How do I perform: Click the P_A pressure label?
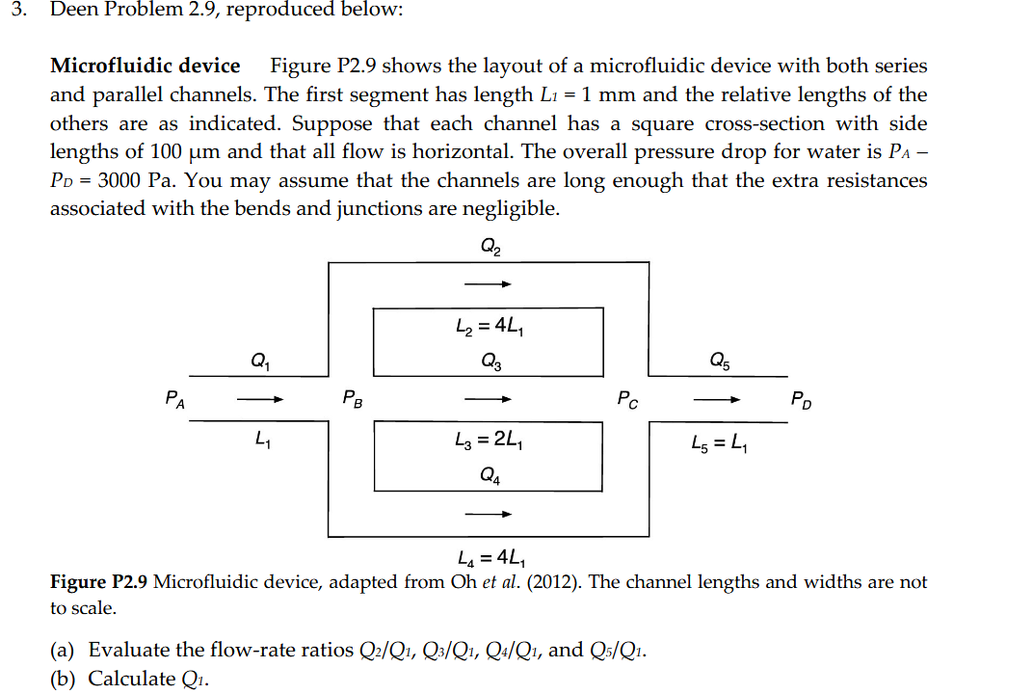coord(175,398)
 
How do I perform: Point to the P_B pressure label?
coord(353,398)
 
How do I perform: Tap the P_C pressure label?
coord(626,398)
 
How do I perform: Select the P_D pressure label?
coord(802,398)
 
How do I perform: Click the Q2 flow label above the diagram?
coord(490,247)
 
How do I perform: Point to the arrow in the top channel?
coord(487,284)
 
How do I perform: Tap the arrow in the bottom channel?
coord(487,514)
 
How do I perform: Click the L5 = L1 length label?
coord(718,444)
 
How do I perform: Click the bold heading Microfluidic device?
coord(146,67)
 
